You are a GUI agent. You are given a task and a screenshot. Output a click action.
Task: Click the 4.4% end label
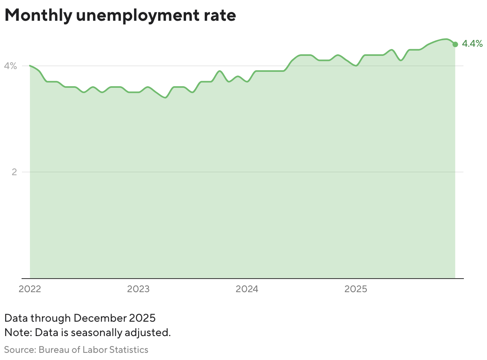point(472,44)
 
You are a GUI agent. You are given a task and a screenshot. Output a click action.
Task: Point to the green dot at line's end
point(455,44)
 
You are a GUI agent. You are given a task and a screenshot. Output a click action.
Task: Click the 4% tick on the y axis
point(10,66)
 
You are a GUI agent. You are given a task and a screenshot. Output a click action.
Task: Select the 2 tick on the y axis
point(14,172)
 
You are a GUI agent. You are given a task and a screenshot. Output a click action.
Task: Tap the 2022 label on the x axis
point(30,289)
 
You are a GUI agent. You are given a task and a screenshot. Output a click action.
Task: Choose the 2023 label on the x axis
point(139,289)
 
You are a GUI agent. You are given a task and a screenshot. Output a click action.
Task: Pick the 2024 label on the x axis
point(247,289)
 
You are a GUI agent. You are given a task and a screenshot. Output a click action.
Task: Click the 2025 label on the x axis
point(356,289)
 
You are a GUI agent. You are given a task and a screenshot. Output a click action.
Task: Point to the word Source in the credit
point(20,350)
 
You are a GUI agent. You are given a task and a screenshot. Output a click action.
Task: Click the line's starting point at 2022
point(30,66)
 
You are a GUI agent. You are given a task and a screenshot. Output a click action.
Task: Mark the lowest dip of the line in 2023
point(165,97)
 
